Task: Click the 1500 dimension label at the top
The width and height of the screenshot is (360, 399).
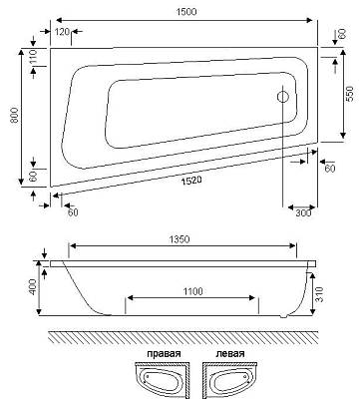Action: (186, 12)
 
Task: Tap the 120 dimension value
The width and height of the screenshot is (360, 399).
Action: (62, 32)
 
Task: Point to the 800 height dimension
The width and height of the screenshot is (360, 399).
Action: (14, 116)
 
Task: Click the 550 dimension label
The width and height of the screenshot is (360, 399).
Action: (350, 94)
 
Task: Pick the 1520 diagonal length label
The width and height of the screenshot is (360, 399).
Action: (191, 181)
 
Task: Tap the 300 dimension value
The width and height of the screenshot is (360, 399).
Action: (303, 212)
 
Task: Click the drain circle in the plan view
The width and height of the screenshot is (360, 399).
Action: (283, 97)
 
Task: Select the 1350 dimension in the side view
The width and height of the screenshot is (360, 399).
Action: (180, 238)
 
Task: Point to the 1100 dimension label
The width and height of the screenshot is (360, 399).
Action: (192, 291)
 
